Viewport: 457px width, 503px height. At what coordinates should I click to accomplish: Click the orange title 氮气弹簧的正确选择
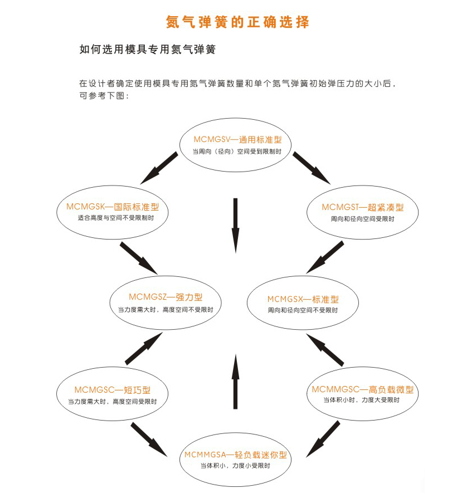coord(237,22)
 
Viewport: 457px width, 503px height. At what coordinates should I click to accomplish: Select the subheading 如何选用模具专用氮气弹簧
coord(148,50)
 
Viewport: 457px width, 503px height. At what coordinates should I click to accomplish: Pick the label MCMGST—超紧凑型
coord(362,207)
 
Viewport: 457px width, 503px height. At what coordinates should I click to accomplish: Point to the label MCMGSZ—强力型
coord(166,297)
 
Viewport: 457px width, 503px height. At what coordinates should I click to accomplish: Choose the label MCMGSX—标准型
coord(303,299)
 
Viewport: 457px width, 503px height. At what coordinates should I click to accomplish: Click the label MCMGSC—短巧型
coord(112,390)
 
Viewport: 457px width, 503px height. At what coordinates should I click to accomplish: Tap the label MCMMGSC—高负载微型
coord(362,389)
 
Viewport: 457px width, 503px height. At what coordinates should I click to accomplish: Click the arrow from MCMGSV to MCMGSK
coord(159,168)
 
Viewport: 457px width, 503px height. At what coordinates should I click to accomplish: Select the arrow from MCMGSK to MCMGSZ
coord(139,257)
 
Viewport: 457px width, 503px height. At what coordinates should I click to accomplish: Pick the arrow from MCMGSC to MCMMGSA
coord(149,439)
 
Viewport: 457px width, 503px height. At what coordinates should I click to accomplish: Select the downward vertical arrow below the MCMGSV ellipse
coord(235,226)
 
